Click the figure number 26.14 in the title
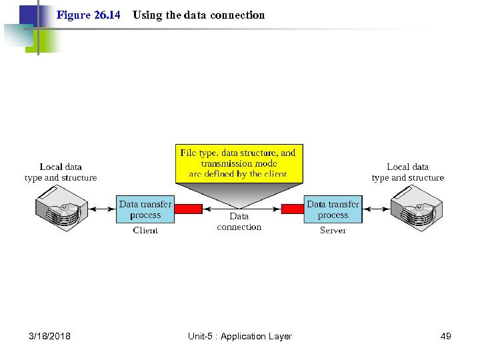coord(89,15)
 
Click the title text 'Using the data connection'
coord(199,15)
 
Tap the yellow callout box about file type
coord(239,163)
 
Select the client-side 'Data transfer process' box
coord(145,209)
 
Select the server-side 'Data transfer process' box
coord(333,209)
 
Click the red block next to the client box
coord(188,209)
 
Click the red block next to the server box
coord(292,209)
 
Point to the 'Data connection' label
coord(239,221)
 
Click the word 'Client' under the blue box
coord(145,231)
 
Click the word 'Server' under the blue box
coord(333,231)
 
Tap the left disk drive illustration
coord(61,209)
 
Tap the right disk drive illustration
coord(417,209)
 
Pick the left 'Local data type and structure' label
coord(61,172)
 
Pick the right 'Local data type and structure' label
coord(407,172)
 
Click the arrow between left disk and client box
coord(103,209)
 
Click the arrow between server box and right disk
coord(377,209)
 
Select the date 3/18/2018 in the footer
coord(50,336)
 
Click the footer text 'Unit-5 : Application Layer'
coord(240,336)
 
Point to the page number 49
coord(446,336)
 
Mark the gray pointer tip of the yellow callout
coord(239,207)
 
